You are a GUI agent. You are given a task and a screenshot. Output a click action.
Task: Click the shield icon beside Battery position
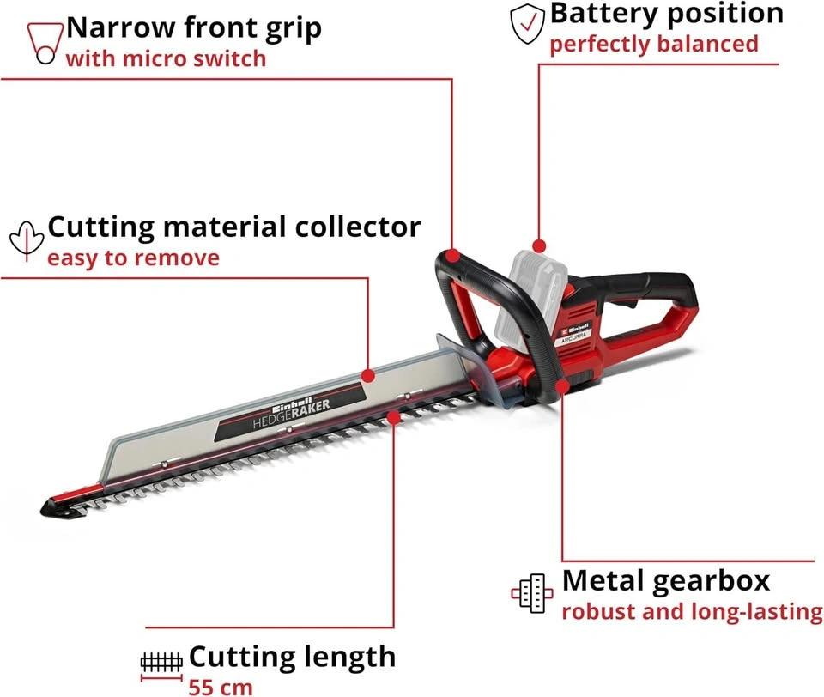pos(527,24)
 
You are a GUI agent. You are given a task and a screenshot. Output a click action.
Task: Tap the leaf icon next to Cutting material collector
pos(27,240)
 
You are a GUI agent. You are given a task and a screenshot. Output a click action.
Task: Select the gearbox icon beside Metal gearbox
pos(532,593)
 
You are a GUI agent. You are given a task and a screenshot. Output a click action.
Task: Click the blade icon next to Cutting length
pos(161,666)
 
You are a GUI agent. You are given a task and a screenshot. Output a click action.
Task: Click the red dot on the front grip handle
pos(453,256)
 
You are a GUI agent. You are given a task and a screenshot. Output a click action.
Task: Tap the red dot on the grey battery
pos(539,245)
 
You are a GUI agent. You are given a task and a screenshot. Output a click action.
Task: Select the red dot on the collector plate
pos(368,375)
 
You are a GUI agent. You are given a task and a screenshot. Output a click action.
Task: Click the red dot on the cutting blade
pos(393,417)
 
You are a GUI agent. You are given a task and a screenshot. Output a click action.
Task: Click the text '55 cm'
pos(221,687)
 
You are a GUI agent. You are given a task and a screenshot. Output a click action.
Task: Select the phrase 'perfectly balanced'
pos(654,44)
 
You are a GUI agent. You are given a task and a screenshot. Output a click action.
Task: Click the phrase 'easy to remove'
pos(134,258)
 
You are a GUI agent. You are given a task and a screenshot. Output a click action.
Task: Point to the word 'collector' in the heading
pos(358,227)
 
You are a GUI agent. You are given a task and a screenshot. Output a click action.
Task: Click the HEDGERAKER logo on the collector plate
pos(291,412)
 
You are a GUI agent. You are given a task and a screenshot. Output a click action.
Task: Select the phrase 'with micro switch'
pos(166,58)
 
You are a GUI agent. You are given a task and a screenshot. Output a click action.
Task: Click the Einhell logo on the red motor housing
pos(575,329)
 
